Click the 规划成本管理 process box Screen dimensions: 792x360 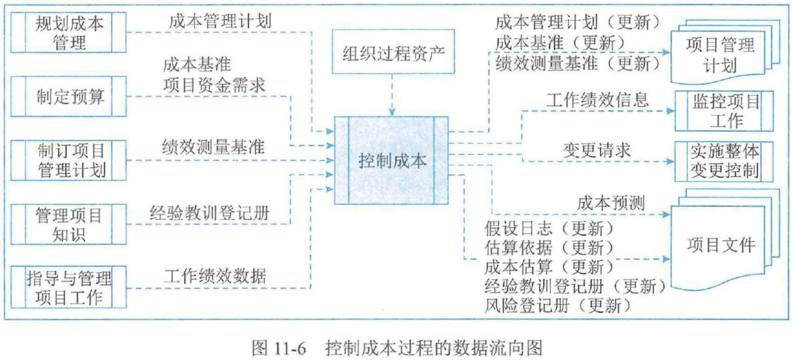tap(69, 32)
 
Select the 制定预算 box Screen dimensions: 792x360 tap(69, 97)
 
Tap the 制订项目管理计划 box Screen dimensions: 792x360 tap(69, 160)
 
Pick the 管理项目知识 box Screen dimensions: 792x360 tap(69, 224)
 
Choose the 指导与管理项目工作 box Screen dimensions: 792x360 tap(69, 288)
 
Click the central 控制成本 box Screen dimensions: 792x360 tap(392, 160)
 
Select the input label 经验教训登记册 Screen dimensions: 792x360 tap(209, 212)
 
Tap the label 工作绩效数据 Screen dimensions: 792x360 tap(215, 276)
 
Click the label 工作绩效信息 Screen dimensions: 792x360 tap(597, 99)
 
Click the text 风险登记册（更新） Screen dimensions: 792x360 tap(558, 305)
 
